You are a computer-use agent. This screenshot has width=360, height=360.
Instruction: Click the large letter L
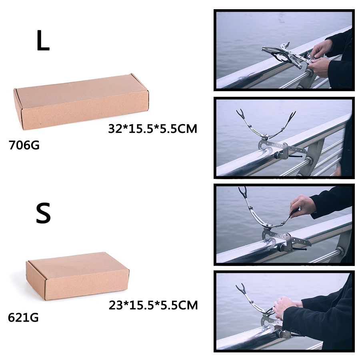(43, 40)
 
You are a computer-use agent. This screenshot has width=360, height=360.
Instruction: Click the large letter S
(43, 213)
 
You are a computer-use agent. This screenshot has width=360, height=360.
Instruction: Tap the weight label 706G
(24, 145)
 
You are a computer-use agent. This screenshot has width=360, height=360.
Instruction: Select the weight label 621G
(23, 318)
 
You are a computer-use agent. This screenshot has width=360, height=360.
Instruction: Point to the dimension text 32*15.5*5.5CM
(153, 128)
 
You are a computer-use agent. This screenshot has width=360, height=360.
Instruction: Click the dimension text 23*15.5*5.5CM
(153, 305)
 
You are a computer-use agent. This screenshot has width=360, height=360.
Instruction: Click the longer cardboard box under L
(81, 102)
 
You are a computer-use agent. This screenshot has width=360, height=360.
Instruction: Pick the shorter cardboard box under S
(78, 276)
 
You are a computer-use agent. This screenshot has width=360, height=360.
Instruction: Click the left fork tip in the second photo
(240, 112)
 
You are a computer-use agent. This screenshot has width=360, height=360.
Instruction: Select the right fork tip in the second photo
(292, 114)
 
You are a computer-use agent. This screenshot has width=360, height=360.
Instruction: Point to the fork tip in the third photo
(242, 190)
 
